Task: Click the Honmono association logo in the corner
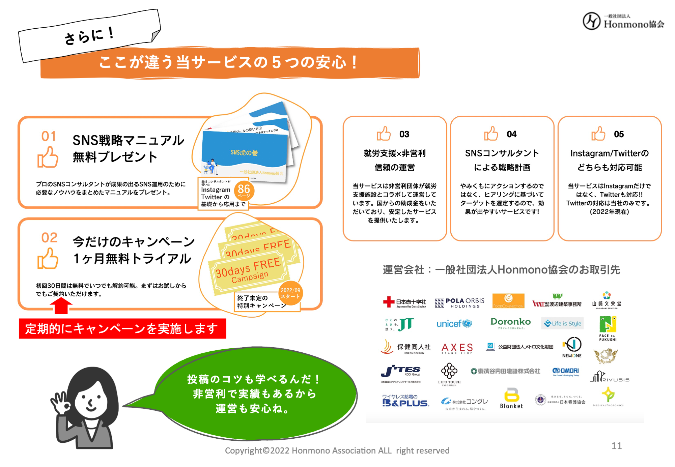coord(623,21)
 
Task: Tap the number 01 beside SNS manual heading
coord(49,136)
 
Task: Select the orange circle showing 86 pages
coord(244,191)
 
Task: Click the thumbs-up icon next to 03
coord(384,134)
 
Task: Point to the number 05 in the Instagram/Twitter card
coord(619,134)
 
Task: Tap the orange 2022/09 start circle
coord(290,293)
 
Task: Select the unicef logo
coord(454,324)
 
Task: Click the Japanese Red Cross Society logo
coord(404,302)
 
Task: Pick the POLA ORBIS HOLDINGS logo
coord(459,303)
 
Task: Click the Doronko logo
coord(510,323)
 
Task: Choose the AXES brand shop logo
coord(457,348)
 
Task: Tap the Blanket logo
coord(511,399)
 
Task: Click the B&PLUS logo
coord(405,401)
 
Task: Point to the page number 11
coord(616,446)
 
